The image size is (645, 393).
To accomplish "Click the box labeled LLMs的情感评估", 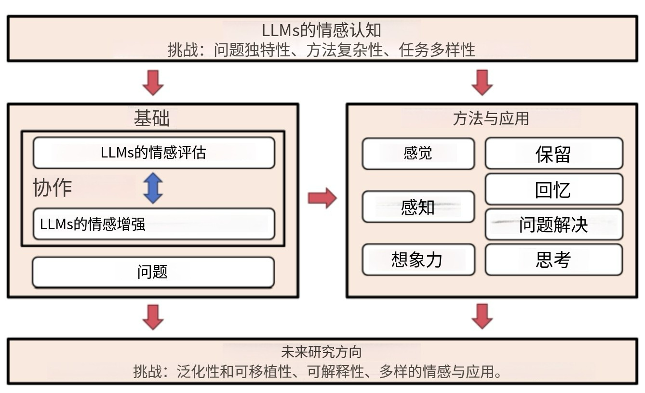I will (153, 153).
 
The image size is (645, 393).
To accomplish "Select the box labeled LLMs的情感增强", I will (153, 224).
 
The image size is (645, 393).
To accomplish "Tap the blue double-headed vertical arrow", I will (153, 188).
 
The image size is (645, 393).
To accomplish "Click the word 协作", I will (52, 188).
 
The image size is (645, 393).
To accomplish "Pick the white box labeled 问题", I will (153, 272).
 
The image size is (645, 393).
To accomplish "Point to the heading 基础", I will (152, 118).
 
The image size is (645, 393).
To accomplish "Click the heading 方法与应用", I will (491, 118).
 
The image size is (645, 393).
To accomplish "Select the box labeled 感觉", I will (418, 154).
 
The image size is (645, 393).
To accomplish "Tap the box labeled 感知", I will (418, 207).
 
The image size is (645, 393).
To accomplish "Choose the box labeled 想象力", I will (418, 260).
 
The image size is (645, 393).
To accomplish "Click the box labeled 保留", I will (553, 154).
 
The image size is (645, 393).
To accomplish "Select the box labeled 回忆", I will (553, 189).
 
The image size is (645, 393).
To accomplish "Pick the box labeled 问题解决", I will (553, 224).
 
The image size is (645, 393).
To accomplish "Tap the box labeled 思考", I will (553, 260).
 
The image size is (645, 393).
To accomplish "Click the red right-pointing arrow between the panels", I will (322, 198).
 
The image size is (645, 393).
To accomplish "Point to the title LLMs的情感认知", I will (322, 30).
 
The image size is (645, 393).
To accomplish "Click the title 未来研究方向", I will (322, 352).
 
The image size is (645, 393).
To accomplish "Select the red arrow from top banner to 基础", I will (153, 82).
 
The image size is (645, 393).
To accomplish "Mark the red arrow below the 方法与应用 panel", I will (482, 316).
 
